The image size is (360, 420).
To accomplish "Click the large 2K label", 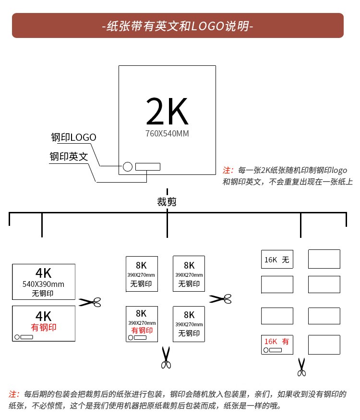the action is (167, 111).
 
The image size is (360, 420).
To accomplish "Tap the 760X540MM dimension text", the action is (167, 134).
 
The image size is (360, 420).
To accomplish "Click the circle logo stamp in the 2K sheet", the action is (128, 167).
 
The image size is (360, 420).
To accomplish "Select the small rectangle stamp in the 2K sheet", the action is (148, 167).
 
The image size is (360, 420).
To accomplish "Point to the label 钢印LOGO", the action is (73, 137).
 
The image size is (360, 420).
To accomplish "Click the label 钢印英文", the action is (69, 157).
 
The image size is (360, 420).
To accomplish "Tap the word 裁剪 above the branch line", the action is (167, 202).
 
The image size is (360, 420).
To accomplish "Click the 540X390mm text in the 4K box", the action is (43, 284).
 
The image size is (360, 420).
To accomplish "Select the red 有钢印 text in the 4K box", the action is (44, 327).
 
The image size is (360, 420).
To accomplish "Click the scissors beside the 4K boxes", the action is (90, 302).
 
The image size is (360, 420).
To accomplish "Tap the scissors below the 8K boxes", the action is (166, 358).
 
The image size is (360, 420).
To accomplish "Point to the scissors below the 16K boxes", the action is (302, 367).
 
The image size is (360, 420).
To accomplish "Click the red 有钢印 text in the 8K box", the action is (142, 330).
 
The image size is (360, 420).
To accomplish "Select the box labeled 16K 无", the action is (277, 259).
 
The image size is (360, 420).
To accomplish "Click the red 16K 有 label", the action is (276, 341).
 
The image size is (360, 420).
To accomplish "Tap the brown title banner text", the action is (178, 26).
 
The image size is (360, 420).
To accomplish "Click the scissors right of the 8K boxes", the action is (220, 298).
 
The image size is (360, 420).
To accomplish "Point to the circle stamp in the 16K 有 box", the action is (266, 350).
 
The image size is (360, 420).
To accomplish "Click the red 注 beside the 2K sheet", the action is (228, 170).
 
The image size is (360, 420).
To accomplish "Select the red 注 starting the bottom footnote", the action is (13, 394).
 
